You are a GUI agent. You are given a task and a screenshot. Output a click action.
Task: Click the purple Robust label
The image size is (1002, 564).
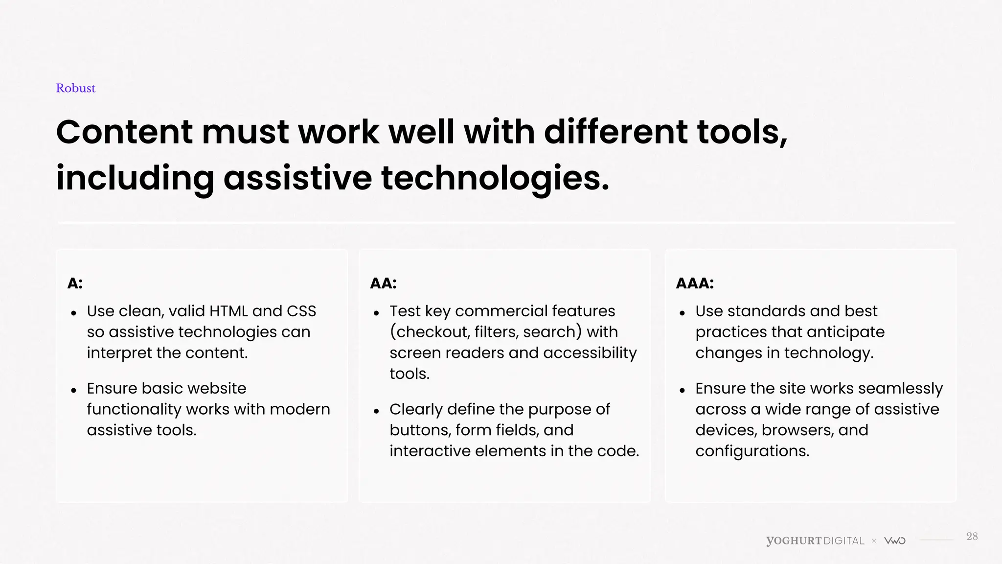tap(75, 88)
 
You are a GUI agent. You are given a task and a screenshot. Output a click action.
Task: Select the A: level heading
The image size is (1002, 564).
tap(75, 283)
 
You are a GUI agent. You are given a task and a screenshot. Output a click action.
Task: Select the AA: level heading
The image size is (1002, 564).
tap(383, 283)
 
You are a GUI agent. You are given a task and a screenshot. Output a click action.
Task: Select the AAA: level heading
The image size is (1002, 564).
tap(694, 283)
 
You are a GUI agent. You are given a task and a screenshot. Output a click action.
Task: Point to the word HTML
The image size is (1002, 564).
tap(228, 311)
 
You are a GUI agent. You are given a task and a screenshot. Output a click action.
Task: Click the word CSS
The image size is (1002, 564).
tap(301, 311)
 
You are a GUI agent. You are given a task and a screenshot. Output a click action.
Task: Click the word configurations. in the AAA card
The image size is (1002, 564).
tap(752, 451)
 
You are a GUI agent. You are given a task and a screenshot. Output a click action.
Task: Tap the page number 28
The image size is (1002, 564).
tap(972, 537)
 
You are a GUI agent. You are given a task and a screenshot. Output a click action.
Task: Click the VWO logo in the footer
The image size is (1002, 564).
tap(895, 541)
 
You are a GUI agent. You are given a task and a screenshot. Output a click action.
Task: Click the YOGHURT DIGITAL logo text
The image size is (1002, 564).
tap(815, 541)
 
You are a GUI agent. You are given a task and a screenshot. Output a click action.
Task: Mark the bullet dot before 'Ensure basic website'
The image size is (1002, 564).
tap(74, 390)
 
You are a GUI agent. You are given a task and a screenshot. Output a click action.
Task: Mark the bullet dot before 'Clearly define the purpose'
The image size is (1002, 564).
tap(376, 411)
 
